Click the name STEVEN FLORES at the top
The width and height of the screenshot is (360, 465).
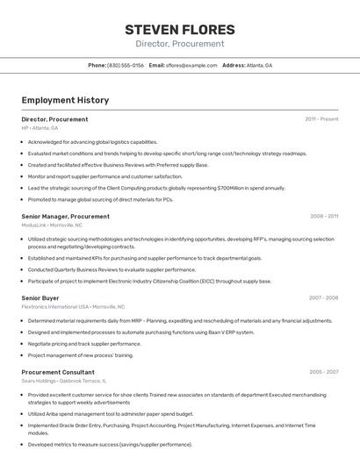pyautogui.click(x=179, y=29)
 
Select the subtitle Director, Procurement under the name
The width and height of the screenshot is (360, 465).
pyautogui.click(x=179, y=44)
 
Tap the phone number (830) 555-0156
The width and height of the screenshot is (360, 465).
pyautogui.click(x=126, y=66)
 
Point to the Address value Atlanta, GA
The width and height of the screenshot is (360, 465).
pyautogui.click(x=259, y=66)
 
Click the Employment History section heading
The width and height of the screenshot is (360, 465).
pyautogui.click(x=65, y=100)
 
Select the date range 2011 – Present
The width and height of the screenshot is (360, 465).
pyautogui.click(x=321, y=119)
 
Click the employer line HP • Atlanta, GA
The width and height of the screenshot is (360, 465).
pyautogui.click(x=40, y=128)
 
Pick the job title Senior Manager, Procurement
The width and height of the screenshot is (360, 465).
pyautogui.click(x=66, y=216)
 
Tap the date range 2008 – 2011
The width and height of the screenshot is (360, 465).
pyautogui.click(x=324, y=216)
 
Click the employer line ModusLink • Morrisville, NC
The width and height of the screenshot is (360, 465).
pyautogui.click(x=52, y=225)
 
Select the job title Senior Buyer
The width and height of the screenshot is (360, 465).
pyautogui.click(x=40, y=298)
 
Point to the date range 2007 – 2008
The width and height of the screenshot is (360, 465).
pyautogui.click(x=323, y=298)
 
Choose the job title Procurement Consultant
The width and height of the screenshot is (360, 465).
pyautogui.click(x=57, y=372)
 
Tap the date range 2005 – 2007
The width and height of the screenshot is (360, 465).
pyautogui.click(x=323, y=372)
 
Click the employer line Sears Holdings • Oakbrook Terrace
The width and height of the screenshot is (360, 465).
pyautogui.click(x=63, y=381)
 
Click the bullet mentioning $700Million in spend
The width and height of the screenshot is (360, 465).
pyautogui.click(x=156, y=188)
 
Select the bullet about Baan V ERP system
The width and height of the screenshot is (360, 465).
pyautogui.click(x=140, y=333)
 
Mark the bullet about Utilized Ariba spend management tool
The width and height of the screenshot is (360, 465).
pyautogui.click(x=110, y=414)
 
